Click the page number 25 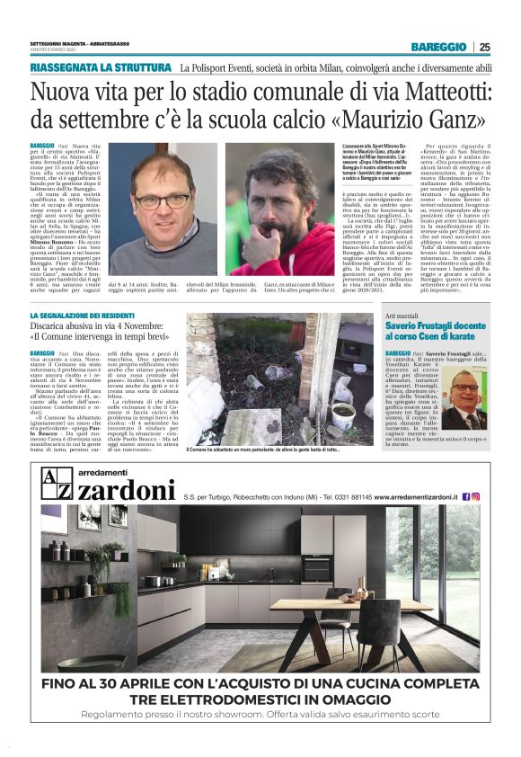[x=485, y=47]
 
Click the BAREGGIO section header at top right [x=438, y=47]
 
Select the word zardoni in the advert [x=125, y=491]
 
